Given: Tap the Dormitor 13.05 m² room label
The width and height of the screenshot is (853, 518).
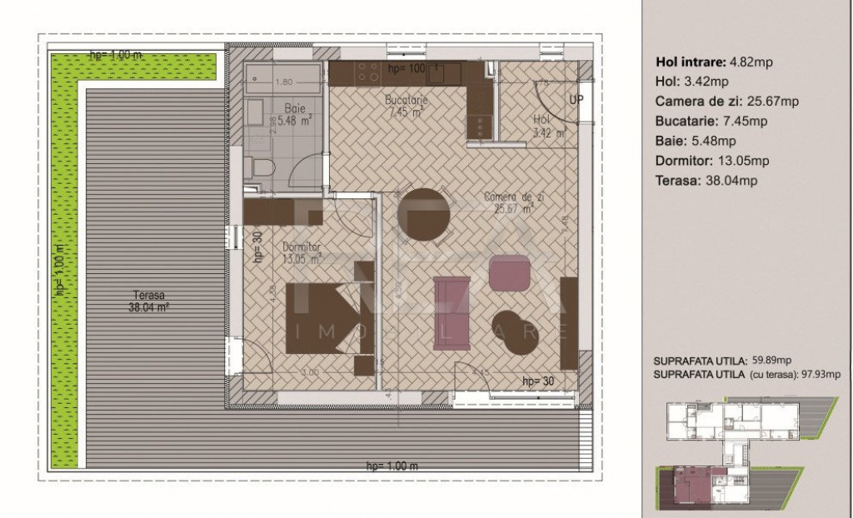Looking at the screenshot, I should tap(302, 253).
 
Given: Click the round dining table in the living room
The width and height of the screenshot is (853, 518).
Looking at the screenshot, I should tap(423, 214).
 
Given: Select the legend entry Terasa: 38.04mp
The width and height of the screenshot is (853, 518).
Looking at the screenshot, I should tap(706, 180).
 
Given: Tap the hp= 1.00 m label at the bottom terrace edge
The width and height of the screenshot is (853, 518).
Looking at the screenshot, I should tap(392, 466).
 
